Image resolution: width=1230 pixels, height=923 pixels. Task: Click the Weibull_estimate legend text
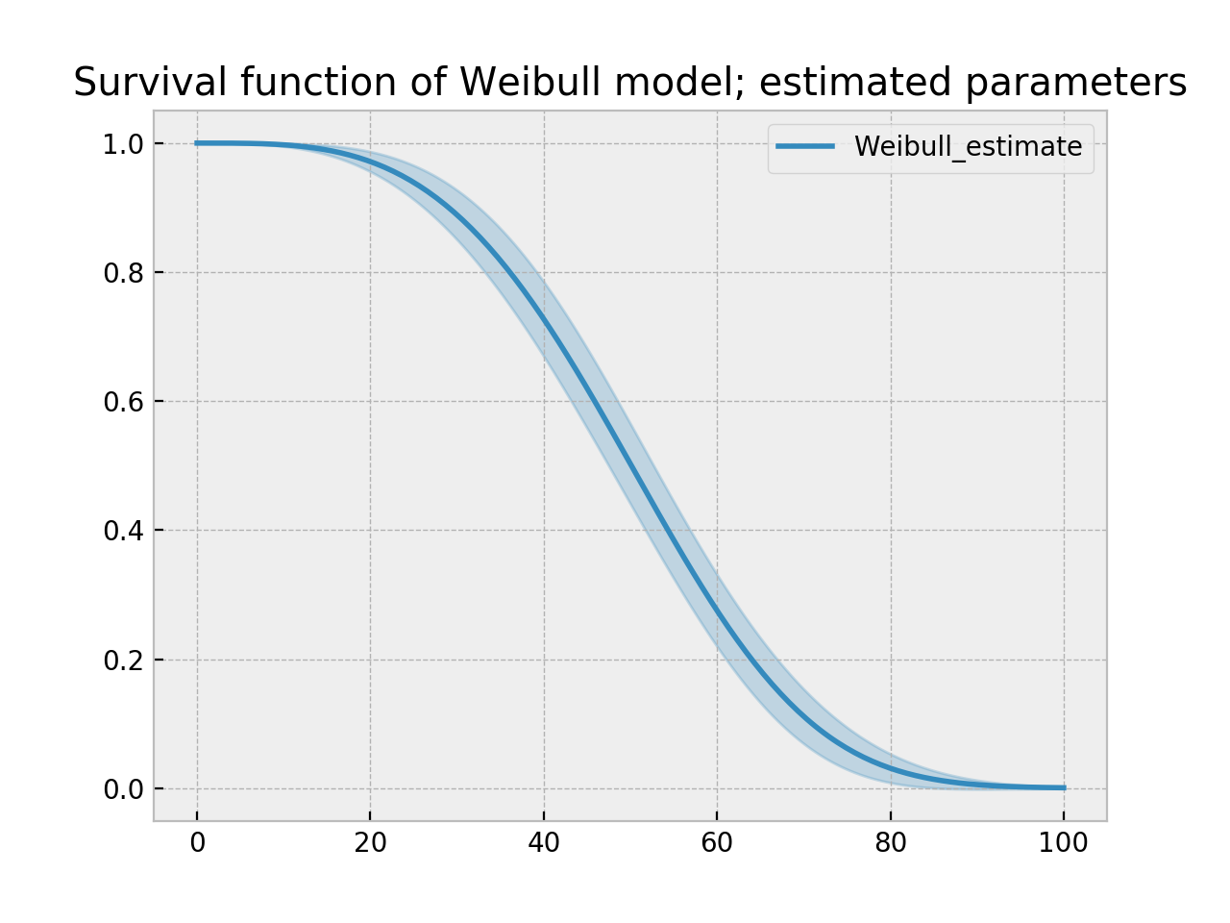968,147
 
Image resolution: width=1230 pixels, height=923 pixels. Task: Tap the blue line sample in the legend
805,147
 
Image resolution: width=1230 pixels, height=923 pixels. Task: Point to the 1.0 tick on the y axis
122,144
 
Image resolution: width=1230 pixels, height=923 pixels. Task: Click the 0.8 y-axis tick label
122,273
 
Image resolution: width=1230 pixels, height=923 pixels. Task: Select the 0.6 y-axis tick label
122,402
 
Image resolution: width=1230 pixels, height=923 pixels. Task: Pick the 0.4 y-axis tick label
122,531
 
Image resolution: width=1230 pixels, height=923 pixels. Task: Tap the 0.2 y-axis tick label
122,661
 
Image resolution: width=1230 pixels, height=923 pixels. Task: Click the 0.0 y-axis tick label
122,789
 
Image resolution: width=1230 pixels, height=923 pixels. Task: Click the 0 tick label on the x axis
197,843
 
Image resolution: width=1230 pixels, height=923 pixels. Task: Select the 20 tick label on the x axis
371,843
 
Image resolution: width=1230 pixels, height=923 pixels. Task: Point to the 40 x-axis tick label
544,843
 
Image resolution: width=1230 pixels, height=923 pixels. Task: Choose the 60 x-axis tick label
717,843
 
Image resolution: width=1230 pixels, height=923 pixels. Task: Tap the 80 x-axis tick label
891,843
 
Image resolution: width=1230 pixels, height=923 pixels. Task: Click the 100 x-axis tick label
1064,843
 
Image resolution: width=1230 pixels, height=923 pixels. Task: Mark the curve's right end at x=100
1064,787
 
